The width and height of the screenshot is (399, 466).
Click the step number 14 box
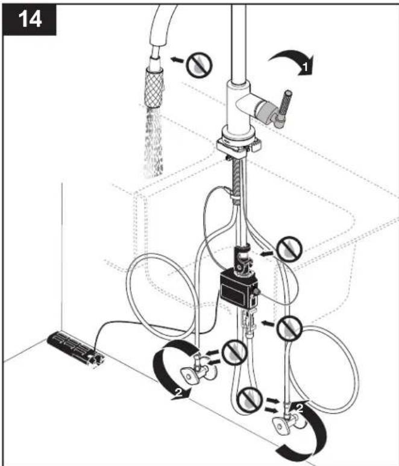click(29, 20)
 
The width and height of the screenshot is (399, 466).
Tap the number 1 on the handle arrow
click(304, 68)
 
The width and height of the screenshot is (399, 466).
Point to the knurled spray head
click(154, 87)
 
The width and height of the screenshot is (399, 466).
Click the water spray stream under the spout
click(154, 142)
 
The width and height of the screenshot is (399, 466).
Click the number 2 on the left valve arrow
click(178, 392)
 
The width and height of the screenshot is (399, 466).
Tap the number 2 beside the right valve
click(300, 409)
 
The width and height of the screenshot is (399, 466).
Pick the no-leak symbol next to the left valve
click(234, 353)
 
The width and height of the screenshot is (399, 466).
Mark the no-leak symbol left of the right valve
click(250, 400)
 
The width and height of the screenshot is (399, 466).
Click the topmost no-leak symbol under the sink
click(289, 249)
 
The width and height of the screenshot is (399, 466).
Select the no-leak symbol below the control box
click(289, 329)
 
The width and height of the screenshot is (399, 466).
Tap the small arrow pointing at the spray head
click(177, 60)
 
